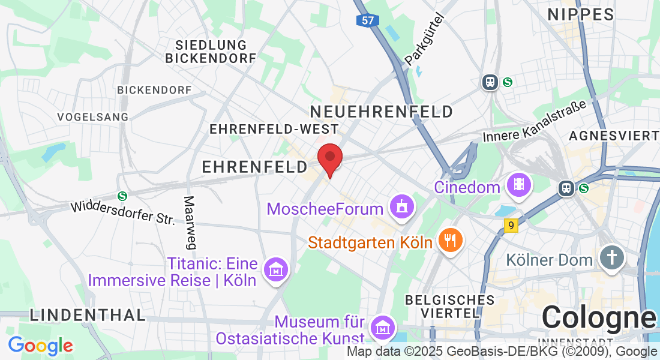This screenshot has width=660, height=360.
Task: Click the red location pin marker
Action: (x=329, y=158)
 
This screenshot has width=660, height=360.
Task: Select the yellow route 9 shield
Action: (x=511, y=226)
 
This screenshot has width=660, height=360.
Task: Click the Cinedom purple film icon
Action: (x=518, y=185)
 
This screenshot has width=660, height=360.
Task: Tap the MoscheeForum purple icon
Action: (x=401, y=207)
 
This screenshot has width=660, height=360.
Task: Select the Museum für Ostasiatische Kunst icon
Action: (x=382, y=328)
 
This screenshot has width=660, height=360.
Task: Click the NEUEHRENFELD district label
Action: (x=382, y=112)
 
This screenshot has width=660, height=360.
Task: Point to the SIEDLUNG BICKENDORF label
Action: (x=211, y=52)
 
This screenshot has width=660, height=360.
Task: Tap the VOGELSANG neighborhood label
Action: (x=93, y=116)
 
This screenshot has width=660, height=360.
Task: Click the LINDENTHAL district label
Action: (x=88, y=314)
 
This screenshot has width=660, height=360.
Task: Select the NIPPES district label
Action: (x=581, y=15)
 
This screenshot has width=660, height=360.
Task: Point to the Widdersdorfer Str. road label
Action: (x=123, y=211)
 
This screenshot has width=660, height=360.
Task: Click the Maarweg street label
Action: (x=190, y=222)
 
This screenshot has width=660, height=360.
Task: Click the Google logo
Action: (x=40, y=346)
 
